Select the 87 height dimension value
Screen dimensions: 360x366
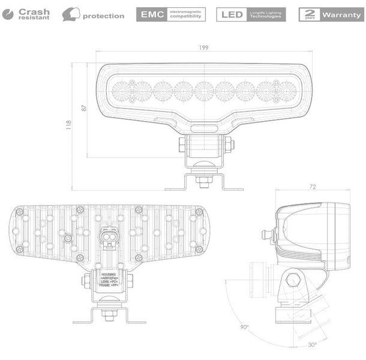click(84, 109)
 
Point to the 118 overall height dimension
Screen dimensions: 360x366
click(69, 125)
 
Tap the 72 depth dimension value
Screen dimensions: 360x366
click(312, 187)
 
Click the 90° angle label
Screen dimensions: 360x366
click(244, 327)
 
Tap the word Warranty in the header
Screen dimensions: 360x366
click(341, 14)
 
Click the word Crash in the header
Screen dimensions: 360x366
click(35, 11)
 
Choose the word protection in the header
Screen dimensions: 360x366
click(104, 16)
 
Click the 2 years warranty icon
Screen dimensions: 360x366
click(309, 14)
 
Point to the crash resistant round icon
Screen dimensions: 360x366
click(8, 14)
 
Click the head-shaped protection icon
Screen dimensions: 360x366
click(71, 14)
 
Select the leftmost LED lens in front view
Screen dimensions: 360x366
click(122, 91)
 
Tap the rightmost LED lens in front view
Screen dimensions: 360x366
click(286, 91)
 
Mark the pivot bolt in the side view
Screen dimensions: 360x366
click(293, 279)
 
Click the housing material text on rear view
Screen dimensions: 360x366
click(109, 275)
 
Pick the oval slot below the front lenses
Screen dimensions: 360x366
click(205, 128)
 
